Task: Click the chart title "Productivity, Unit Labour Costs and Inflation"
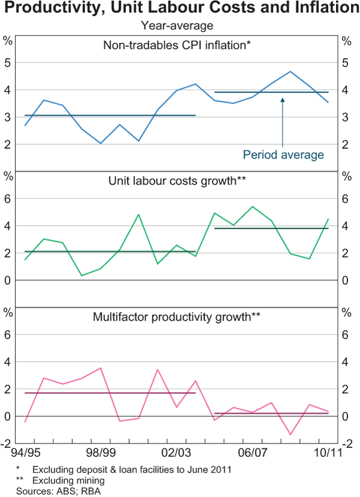(180, 9)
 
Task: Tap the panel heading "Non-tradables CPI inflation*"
(176, 45)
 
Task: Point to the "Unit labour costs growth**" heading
(177, 180)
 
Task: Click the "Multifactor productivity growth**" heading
(176, 316)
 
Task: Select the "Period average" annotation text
(283, 155)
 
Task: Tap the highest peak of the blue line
(290, 71)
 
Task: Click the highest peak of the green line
(253, 206)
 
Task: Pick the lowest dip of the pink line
(290, 435)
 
